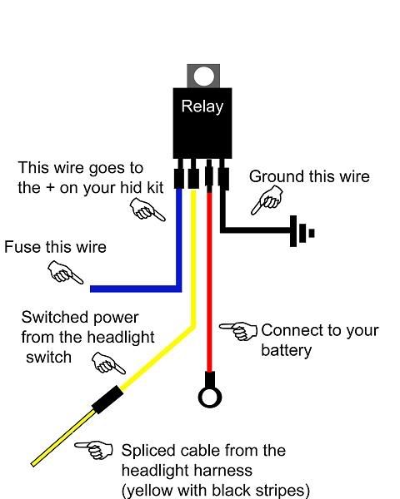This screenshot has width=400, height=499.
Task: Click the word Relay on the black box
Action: pyautogui.click(x=202, y=107)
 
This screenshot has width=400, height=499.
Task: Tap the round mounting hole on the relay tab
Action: pyautogui.click(x=204, y=76)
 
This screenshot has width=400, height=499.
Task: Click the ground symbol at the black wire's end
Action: pyautogui.click(x=302, y=231)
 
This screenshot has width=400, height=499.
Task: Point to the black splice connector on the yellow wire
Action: pyautogui.click(x=107, y=399)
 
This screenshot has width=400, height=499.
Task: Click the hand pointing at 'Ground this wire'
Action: pyautogui.click(x=267, y=200)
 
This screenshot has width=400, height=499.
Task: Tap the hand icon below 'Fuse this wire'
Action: pyautogui.click(x=65, y=273)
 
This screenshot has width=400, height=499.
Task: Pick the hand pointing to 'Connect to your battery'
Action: pyautogui.click(x=238, y=331)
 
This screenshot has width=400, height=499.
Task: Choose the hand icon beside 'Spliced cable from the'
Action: pyautogui.click(x=94, y=450)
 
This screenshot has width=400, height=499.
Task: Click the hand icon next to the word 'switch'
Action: pyautogui.click(x=108, y=363)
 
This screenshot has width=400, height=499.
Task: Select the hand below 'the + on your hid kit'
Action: pyautogui.click(x=147, y=210)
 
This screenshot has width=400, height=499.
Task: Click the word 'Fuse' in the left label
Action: pyautogui.click(x=23, y=247)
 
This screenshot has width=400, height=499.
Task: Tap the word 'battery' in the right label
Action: pyautogui.click(x=286, y=350)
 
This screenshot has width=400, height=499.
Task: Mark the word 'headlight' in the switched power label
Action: pyautogui.click(x=121, y=338)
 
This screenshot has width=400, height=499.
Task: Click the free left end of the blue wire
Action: pyautogui.click(x=91, y=289)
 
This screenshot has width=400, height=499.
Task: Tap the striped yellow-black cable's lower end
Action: pyautogui.click(x=33, y=465)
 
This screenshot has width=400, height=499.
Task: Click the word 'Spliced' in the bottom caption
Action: pyautogui.click(x=148, y=452)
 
